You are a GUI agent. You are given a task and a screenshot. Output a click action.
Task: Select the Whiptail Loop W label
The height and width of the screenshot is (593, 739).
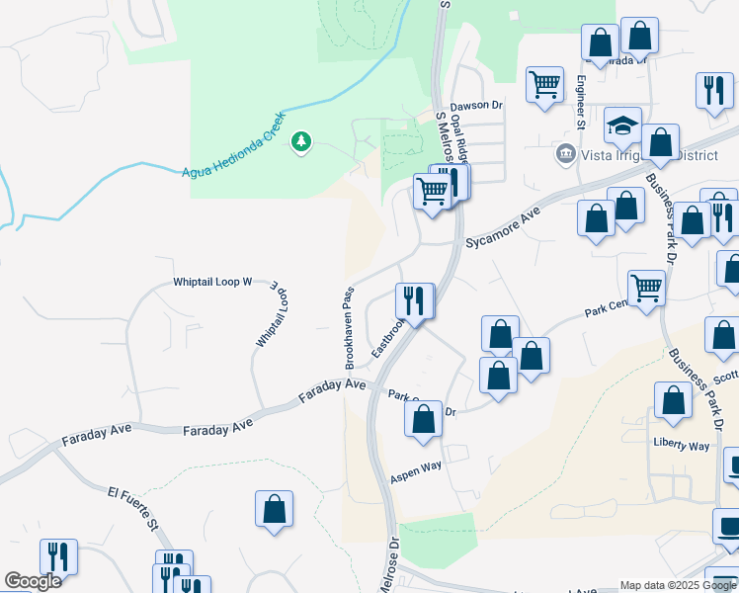213,282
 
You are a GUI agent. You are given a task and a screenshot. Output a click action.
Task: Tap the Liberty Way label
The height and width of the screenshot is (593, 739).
681,447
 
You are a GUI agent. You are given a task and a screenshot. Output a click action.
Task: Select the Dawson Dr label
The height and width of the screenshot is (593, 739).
477,105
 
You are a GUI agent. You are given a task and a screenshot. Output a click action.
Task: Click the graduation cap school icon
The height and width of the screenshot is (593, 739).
622,126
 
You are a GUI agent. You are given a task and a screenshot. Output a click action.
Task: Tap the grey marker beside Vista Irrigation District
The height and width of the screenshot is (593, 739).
566,153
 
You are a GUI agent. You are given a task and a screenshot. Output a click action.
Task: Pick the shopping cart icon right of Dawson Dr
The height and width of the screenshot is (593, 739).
544,85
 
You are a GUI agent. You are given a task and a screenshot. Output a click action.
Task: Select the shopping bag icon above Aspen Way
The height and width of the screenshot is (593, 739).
423,419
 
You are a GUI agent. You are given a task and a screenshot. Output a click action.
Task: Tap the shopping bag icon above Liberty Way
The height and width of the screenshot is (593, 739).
673,401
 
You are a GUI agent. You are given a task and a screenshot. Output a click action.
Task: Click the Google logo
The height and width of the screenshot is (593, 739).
33,581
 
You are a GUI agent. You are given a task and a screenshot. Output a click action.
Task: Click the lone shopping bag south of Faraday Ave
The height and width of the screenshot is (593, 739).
275,509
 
